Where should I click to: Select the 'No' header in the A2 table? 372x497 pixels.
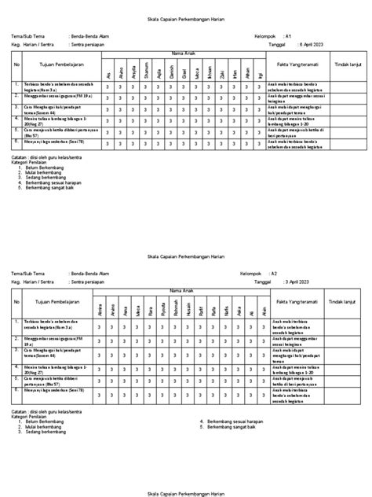[x=16, y=300]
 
